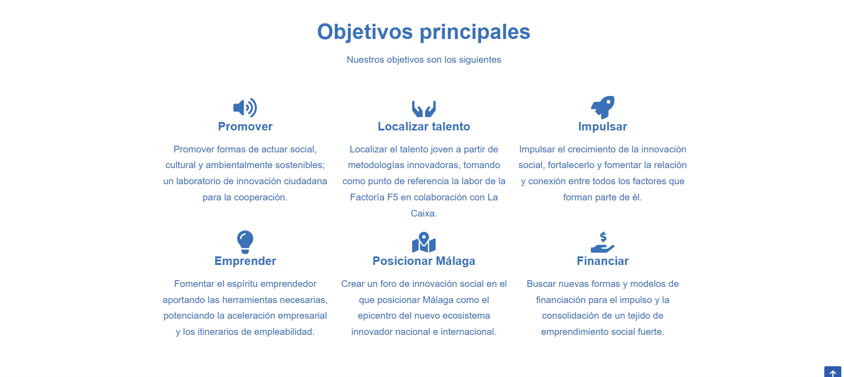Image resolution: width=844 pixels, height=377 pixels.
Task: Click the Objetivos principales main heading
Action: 424,32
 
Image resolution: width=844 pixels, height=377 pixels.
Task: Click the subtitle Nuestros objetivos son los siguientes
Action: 424,60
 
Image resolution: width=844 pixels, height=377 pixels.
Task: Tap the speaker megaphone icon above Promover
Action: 245,108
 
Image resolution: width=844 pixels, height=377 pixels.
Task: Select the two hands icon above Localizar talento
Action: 424,108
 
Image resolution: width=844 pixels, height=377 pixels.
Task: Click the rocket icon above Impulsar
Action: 603,107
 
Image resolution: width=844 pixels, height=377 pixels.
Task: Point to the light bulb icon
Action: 245,242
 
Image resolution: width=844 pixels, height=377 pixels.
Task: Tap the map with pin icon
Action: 424,242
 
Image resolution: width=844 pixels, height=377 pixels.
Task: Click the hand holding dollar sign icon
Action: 603,242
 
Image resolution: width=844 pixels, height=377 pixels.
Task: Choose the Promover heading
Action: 245,126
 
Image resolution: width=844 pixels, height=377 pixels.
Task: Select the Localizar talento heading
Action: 424,126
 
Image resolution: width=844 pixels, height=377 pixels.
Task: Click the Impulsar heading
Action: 603,126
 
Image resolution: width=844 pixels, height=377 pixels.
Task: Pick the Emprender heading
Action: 245,261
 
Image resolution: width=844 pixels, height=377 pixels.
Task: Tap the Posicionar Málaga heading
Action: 424,261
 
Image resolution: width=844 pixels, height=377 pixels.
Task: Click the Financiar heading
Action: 603,261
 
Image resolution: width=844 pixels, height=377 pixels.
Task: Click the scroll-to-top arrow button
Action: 833,372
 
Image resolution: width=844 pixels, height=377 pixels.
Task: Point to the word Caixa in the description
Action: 423,213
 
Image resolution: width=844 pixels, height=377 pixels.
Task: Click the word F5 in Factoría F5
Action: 393,197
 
